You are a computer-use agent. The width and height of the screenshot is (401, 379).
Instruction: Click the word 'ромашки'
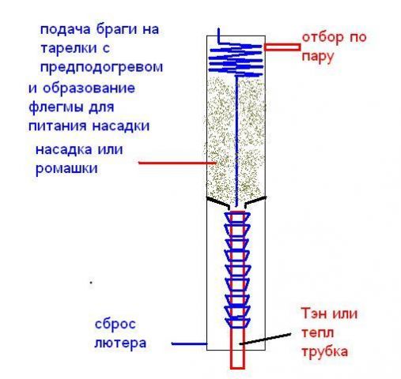tap(64, 169)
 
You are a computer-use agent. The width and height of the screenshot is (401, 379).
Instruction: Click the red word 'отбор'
tap(320, 38)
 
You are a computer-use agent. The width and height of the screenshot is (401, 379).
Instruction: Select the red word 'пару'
tap(318, 57)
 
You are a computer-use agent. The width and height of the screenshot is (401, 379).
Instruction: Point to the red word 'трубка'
tap(324, 351)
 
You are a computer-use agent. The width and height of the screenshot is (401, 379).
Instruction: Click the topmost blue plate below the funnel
tap(237, 216)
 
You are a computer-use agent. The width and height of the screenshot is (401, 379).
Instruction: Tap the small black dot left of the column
tap(92, 282)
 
